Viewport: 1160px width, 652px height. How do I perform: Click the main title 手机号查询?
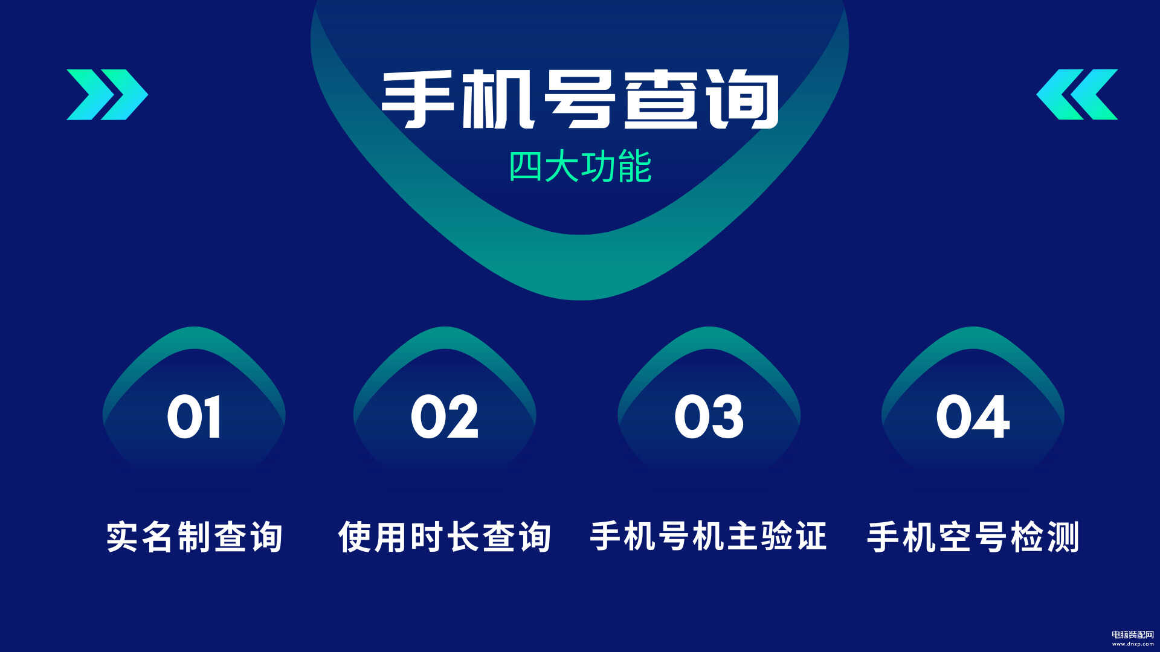[x=580, y=100]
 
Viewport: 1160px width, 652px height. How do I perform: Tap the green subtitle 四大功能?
[x=580, y=167]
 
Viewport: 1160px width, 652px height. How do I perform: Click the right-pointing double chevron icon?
[x=107, y=95]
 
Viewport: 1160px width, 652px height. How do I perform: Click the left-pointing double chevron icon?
[x=1077, y=95]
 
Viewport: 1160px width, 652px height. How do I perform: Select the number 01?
[x=194, y=417]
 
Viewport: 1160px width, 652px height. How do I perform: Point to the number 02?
[x=445, y=417]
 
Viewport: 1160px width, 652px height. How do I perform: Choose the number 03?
[x=709, y=417]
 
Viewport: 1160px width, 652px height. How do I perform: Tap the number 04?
[x=973, y=417]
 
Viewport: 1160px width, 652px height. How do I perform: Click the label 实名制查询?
[x=195, y=537]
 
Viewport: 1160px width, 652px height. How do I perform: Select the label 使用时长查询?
[x=445, y=537]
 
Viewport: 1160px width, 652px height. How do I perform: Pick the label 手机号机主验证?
[x=708, y=537]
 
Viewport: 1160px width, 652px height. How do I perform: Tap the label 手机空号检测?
[x=973, y=537]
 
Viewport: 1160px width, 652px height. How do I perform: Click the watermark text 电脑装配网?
[x=1133, y=634]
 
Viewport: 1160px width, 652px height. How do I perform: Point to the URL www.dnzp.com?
[x=1133, y=644]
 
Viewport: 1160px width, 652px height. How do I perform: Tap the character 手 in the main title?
[x=418, y=100]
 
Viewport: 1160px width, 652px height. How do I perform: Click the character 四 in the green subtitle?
[x=526, y=167]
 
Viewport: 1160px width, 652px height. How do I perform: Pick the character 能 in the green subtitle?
[x=635, y=167]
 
